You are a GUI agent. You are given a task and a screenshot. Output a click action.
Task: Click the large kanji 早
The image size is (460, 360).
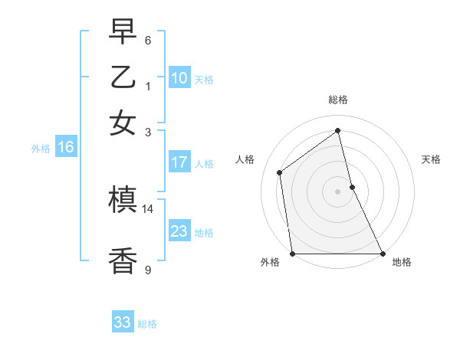(123, 32)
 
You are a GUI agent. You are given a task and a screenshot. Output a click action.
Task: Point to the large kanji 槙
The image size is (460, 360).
(123, 201)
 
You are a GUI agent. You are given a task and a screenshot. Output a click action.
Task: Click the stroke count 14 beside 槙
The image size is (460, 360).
(148, 208)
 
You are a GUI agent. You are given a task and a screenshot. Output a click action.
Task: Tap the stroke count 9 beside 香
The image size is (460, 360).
(148, 269)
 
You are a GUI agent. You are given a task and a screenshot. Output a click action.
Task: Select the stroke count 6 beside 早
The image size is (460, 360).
(148, 40)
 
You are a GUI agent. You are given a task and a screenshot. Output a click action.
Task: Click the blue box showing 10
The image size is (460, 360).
(179, 78)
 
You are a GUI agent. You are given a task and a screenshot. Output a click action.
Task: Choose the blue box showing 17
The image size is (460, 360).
(179, 162)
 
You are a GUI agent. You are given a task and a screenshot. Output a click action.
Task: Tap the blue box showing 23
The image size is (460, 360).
(179, 231)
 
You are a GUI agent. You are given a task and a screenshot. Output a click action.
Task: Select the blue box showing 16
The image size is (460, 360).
(65, 148)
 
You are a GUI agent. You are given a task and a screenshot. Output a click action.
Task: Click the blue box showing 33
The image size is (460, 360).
(123, 322)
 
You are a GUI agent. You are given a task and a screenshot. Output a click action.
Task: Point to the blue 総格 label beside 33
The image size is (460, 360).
(148, 324)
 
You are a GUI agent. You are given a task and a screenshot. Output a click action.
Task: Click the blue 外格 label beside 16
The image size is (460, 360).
(41, 149)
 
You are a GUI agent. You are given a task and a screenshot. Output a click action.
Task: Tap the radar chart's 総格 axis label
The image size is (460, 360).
(338, 100)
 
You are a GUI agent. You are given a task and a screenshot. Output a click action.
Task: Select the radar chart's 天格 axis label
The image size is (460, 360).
(432, 159)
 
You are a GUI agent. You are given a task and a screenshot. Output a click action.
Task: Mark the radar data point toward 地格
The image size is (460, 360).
(382, 253)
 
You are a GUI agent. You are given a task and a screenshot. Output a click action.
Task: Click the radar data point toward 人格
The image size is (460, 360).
(280, 172)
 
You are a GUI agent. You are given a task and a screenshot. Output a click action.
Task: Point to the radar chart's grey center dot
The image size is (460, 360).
(338, 191)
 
